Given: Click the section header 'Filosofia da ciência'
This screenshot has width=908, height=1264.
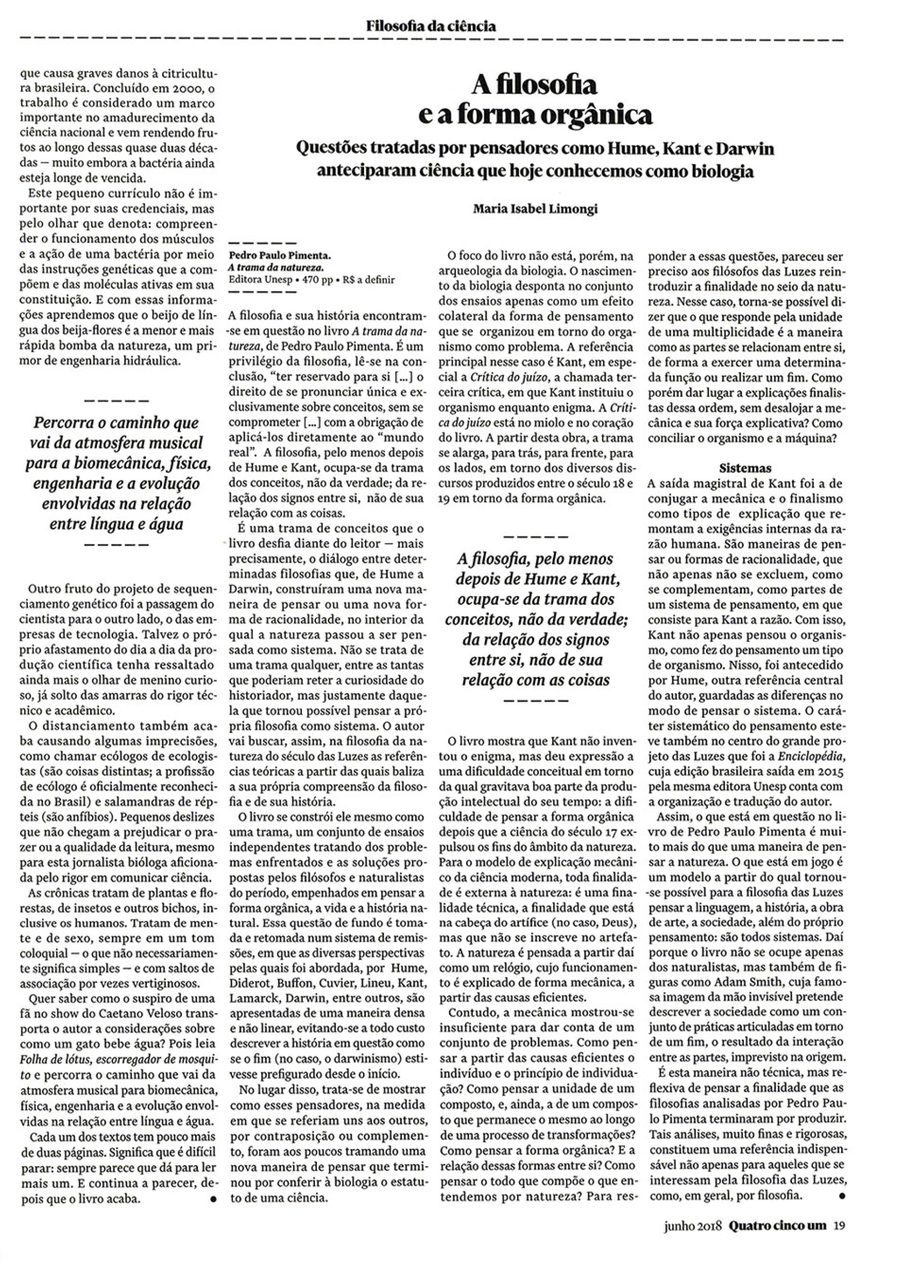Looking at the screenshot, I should coord(430,26).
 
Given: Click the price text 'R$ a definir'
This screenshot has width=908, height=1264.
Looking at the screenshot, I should coord(369,280).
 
